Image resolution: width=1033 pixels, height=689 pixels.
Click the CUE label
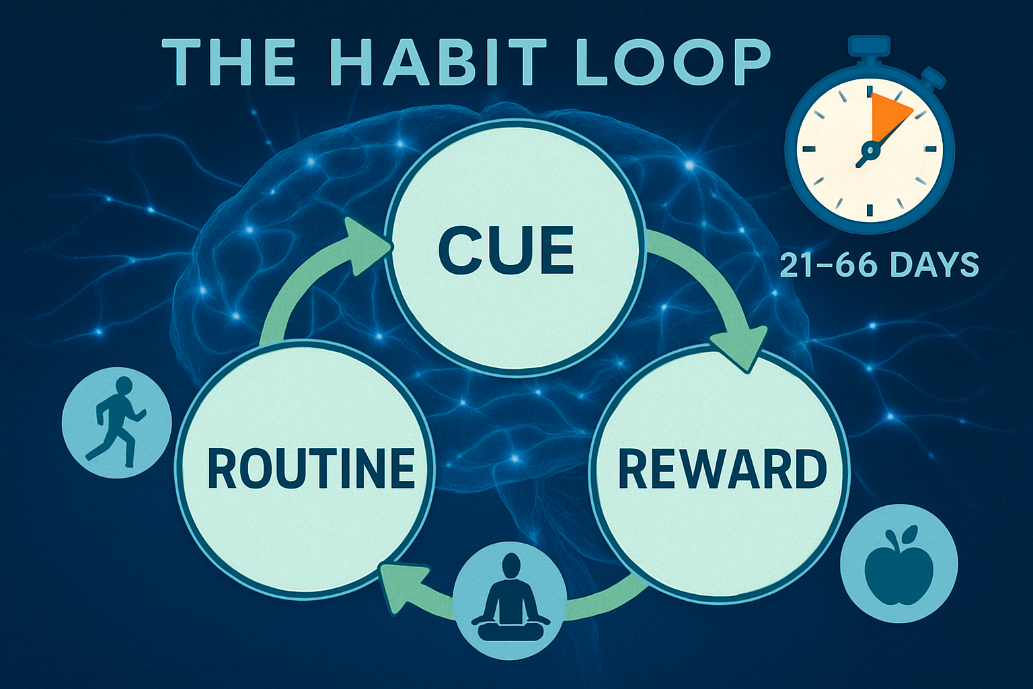click(506, 250)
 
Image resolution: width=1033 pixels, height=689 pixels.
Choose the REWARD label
click(722, 469)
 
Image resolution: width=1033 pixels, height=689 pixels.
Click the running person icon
click(116, 423)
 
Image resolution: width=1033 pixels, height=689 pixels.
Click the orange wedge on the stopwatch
click(888, 114)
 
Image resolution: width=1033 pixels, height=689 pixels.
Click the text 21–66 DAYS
click(879, 265)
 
